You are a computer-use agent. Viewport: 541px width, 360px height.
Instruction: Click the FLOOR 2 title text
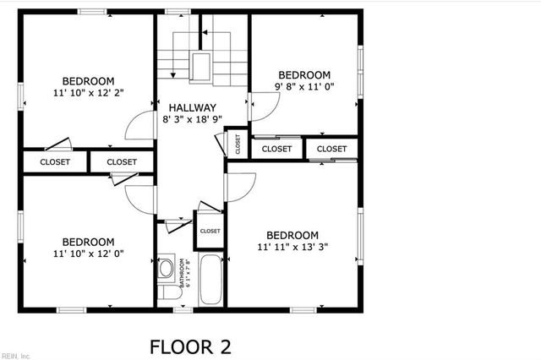coord(189,346)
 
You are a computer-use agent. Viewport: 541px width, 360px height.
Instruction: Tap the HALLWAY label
coord(192,107)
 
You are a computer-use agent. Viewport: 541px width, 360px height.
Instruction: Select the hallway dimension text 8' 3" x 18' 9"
coord(192,121)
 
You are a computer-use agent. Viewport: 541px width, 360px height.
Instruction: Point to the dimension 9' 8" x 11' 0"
coord(304,87)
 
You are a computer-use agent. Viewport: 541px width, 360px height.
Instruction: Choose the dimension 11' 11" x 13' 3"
coord(292,248)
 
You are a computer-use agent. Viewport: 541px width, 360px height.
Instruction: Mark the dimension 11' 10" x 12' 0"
coord(88,254)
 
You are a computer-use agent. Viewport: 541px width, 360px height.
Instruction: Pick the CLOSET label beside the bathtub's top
coord(210,231)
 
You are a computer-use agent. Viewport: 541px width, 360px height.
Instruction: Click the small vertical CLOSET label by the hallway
coord(238,145)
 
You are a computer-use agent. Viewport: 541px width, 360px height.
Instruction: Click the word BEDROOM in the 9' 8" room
coord(304,74)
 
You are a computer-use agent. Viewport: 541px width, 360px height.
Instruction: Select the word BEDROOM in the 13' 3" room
coord(292,235)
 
